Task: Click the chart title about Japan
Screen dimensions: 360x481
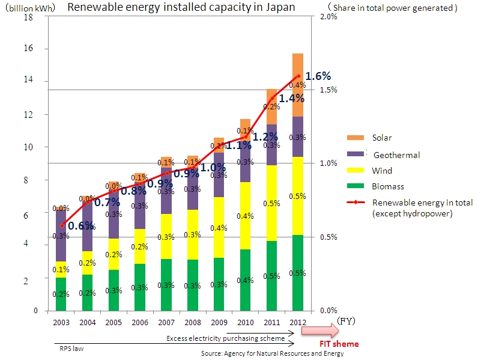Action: pyautogui.click(x=181, y=7)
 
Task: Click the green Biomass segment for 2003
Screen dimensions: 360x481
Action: pyautogui.click(x=61, y=294)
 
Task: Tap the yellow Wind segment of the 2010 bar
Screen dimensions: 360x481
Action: pyautogui.click(x=245, y=215)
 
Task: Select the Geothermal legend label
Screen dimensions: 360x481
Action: pyautogui.click(x=396, y=155)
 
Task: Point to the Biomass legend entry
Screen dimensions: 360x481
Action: pyautogui.click(x=387, y=186)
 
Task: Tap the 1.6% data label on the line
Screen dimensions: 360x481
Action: pyautogui.click(x=318, y=76)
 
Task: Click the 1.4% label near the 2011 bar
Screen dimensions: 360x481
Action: pyautogui.click(x=292, y=98)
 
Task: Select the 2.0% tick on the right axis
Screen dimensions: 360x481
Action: pyautogui.click(x=328, y=17)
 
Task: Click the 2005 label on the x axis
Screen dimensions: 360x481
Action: pyautogui.click(x=113, y=322)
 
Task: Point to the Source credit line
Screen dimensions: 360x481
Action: pyautogui.click(x=272, y=353)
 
